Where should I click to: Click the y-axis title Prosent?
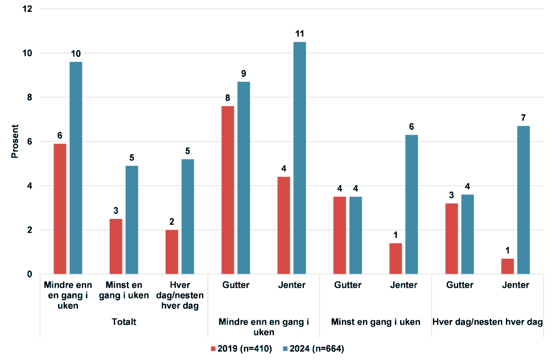15,142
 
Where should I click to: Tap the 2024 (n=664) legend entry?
313,348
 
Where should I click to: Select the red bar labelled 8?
228,190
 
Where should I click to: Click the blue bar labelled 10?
76,168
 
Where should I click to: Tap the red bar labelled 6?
60,209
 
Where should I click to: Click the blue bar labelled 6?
411,204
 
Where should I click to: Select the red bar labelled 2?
171,252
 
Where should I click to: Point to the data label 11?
299,34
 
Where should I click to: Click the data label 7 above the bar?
523,118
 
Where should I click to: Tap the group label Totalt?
123,322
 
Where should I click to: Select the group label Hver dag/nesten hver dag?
487,322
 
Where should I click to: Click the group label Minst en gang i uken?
375,322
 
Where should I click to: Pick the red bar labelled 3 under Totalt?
116,246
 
